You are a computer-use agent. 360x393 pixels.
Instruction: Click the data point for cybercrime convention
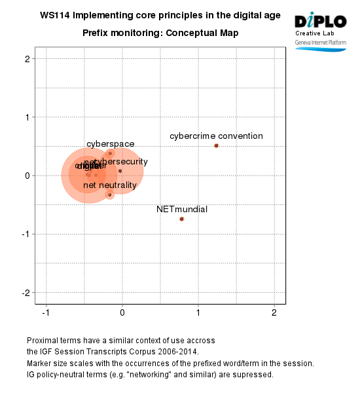click(x=217, y=145)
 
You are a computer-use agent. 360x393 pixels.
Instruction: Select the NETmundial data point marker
click(x=181, y=219)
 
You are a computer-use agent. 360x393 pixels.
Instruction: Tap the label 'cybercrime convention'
click(x=216, y=136)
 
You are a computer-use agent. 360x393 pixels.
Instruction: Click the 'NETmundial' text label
click(x=182, y=210)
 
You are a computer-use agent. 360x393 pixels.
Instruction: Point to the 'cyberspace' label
click(x=110, y=144)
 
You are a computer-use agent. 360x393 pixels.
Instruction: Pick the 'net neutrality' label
click(x=109, y=186)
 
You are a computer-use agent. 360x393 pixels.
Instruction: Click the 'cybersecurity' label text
click(x=121, y=161)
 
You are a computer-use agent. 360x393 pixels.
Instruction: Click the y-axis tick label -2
click(x=27, y=292)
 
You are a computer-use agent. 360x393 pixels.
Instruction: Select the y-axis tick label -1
click(x=27, y=234)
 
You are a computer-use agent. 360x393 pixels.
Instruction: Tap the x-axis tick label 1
click(x=198, y=312)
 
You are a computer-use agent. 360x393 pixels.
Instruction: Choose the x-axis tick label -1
click(x=45, y=312)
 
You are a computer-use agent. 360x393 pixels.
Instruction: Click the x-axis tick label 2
click(x=274, y=312)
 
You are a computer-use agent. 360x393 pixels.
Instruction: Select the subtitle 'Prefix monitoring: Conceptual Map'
click(x=160, y=33)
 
